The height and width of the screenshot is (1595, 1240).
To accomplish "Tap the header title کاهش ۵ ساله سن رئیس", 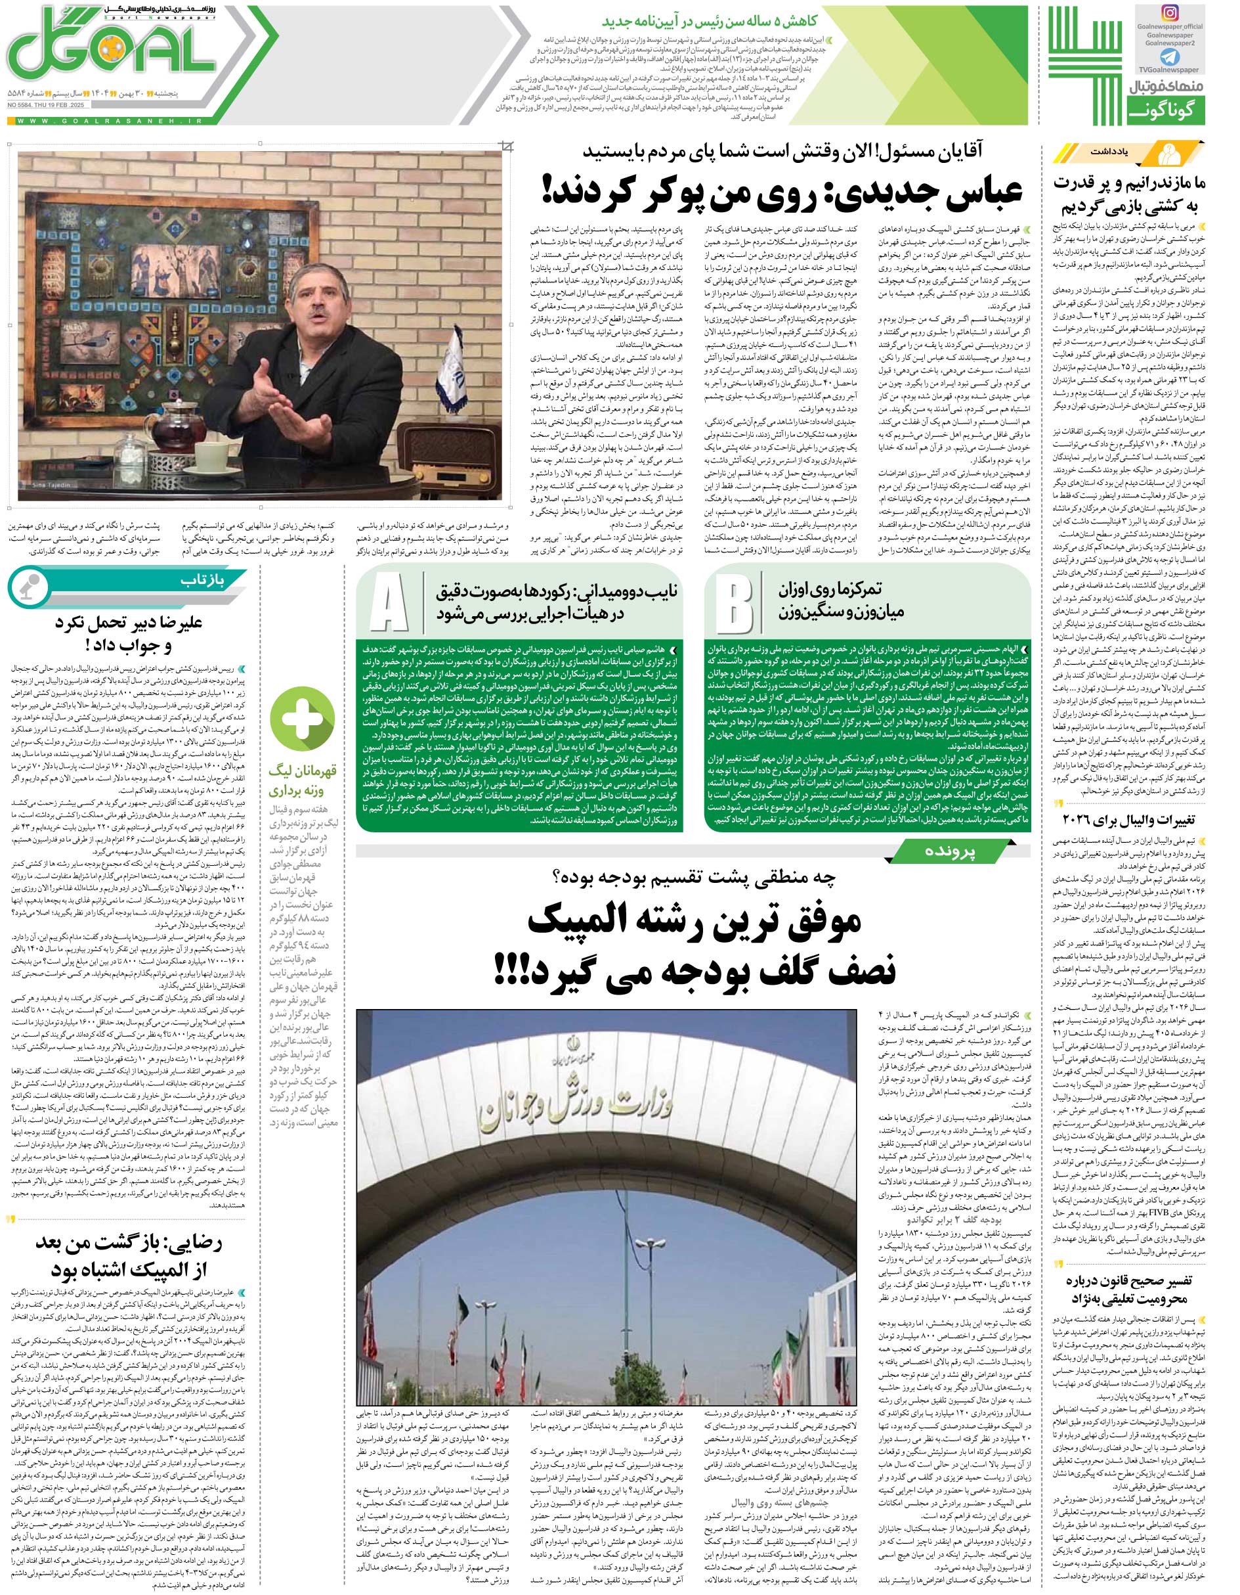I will [729, 22].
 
